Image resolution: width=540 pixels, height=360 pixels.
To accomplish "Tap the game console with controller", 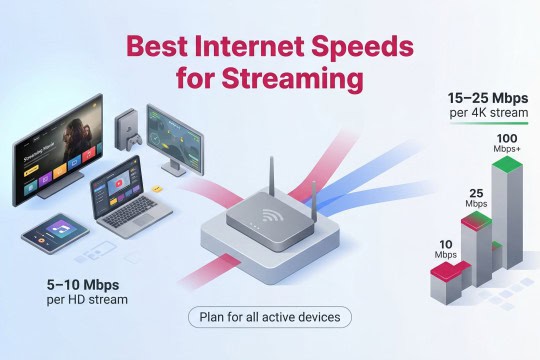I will coord(126,131).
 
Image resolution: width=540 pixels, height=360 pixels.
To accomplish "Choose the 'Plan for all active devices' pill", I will coord(269,317).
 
